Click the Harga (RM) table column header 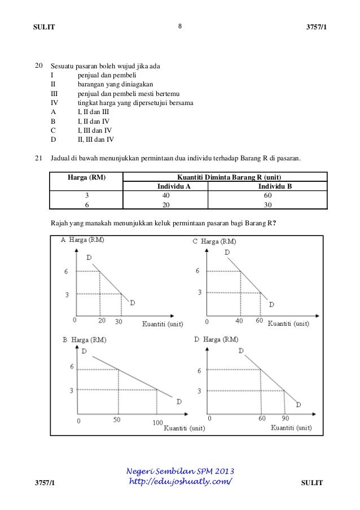(x=86, y=177)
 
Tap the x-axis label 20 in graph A (x=102, y=321)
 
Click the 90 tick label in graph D (x=284, y=420)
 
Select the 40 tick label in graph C (x=239, y=321)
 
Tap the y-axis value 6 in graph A (x=67, y=272)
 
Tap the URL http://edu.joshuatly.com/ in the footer (x=181, y=482)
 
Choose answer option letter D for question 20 (x=53, y=140)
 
